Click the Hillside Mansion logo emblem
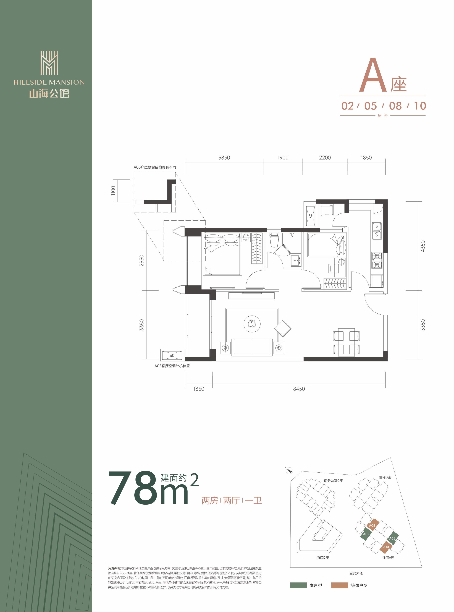(49, 63)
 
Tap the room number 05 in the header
(371, 106)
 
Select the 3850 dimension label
(224, 158)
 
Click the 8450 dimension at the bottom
(299, 389)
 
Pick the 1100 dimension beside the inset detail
(113, 191)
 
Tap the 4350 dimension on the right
(423, 246)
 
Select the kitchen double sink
(377, 231)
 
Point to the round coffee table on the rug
(252, 323)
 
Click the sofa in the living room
(252, 347)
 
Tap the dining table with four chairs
(346, 342)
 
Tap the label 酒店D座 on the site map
(323, 558)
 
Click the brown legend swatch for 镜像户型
(339, 585)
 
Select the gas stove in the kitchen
(377, 260)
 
